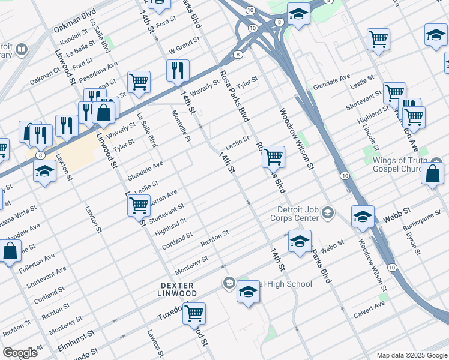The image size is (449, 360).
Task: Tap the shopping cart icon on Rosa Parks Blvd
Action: click(274, 157)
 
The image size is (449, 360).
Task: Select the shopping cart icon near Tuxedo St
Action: click(194, 313)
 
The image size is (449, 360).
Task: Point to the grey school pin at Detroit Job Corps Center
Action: click(328, 212)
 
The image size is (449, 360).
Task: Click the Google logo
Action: click(20, 353)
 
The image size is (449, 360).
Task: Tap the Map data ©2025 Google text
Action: click(411, 355)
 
